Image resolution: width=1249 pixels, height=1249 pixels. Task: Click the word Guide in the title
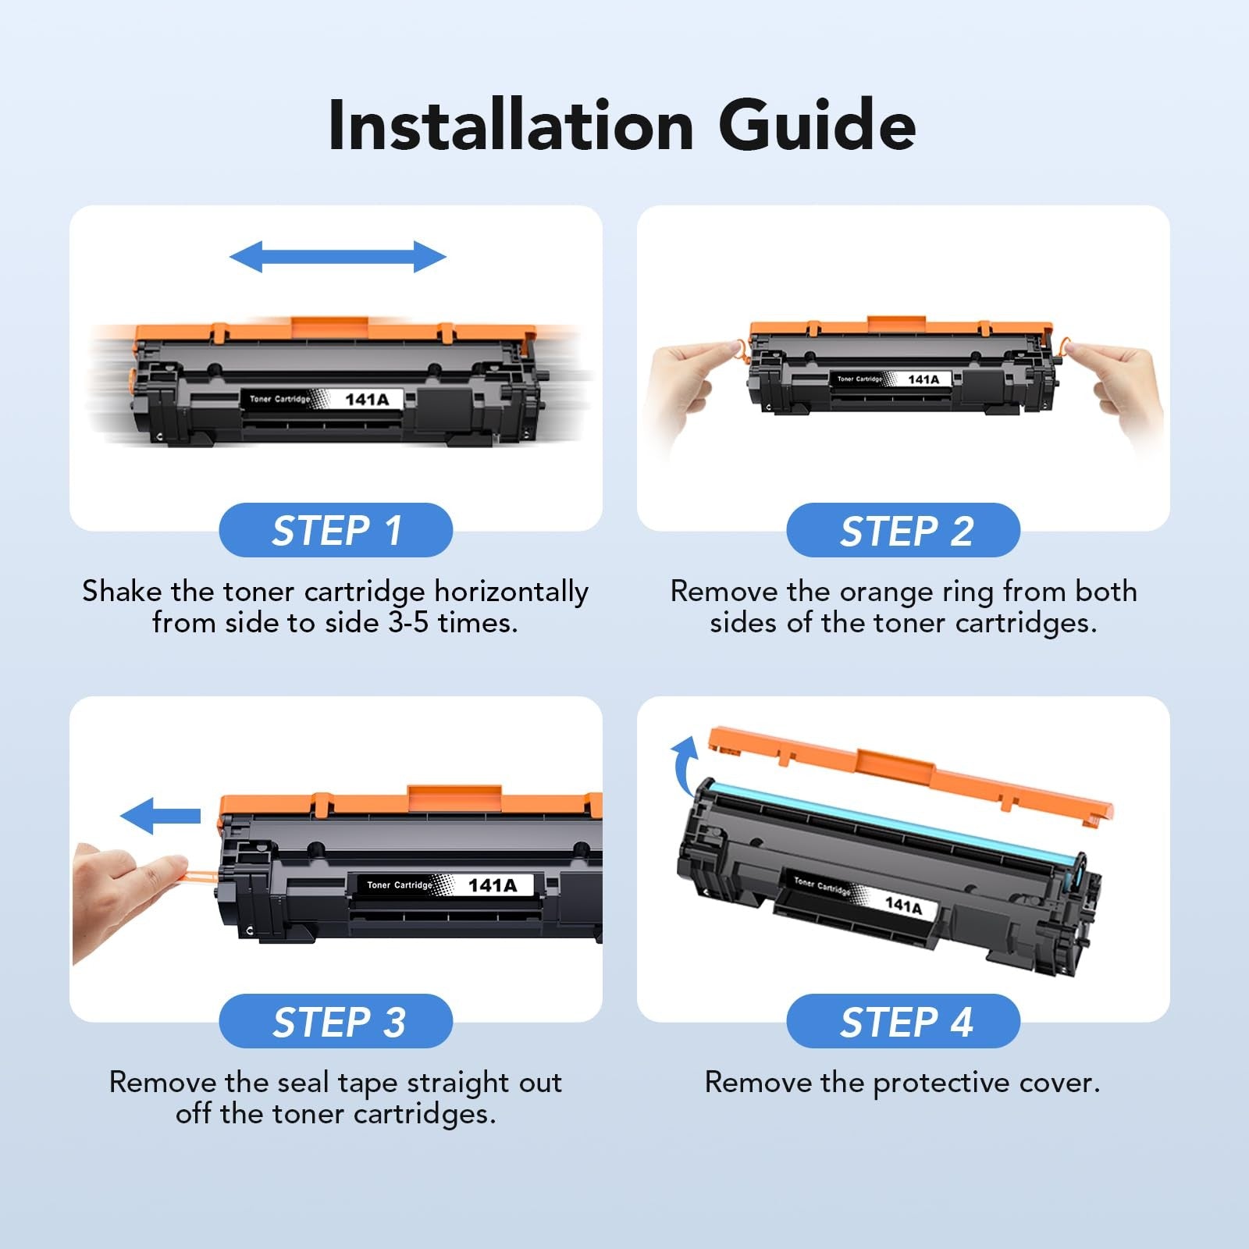pos(817,126)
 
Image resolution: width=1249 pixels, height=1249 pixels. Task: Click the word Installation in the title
pos(511,126)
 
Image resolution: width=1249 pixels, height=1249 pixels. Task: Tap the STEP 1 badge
pos(336,531)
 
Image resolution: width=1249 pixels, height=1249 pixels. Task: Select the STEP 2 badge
pos(903,531)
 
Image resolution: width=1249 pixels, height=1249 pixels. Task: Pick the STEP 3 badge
pos(336,1022)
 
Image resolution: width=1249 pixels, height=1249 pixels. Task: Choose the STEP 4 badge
pos(903,1022)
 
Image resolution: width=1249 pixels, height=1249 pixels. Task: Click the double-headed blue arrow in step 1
pos(337,257)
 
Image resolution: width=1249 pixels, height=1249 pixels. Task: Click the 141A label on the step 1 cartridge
pos(366,400)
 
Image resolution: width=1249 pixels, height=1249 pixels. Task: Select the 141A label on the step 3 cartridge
pos(492,885)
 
